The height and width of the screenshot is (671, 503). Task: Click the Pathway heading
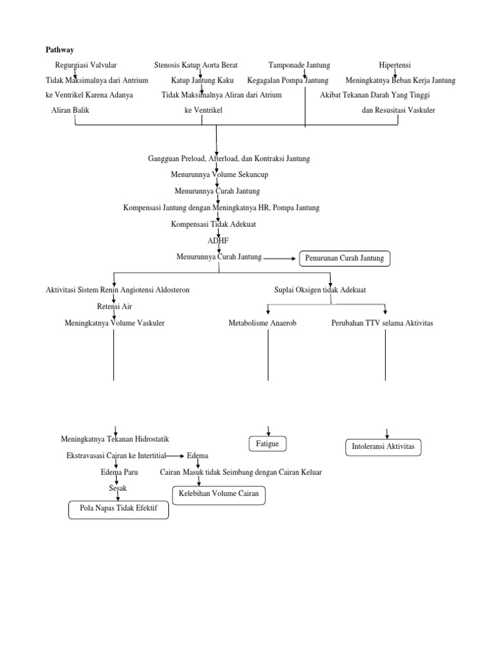pos(59,49)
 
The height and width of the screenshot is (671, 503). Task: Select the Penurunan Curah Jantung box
pos(345,259)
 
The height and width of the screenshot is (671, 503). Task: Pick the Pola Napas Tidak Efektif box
pos(119,509)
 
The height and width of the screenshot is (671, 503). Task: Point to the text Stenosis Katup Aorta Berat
pos(196,65)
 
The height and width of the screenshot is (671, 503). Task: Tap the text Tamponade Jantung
pos(299,65)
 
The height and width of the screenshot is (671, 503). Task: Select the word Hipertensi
pos(394,65)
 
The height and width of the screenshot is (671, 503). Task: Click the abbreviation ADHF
pos(217,240)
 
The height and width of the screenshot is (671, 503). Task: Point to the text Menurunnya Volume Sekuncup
pos(219,175)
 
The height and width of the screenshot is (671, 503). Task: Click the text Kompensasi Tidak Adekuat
pos(213,224)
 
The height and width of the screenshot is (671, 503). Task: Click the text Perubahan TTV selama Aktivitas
pos(382,323)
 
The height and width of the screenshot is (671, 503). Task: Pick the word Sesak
pos(117,488)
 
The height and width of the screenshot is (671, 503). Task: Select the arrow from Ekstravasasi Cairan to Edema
pos(175,455)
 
